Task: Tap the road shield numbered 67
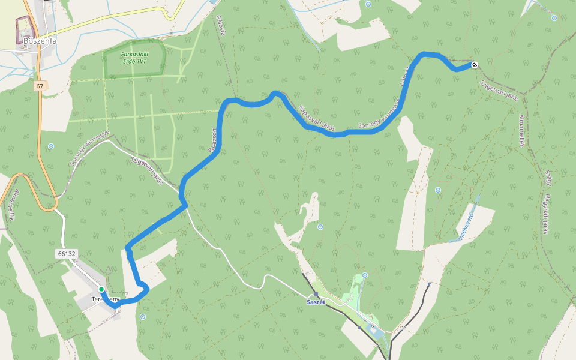40,86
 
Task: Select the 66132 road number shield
67,254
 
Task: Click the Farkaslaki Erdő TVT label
134,57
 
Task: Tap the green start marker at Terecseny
101,289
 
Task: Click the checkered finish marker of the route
475,65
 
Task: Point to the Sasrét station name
316,302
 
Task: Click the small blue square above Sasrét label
316,294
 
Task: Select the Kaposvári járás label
316,117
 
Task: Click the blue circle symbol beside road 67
51,146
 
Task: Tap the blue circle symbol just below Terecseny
143,316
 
